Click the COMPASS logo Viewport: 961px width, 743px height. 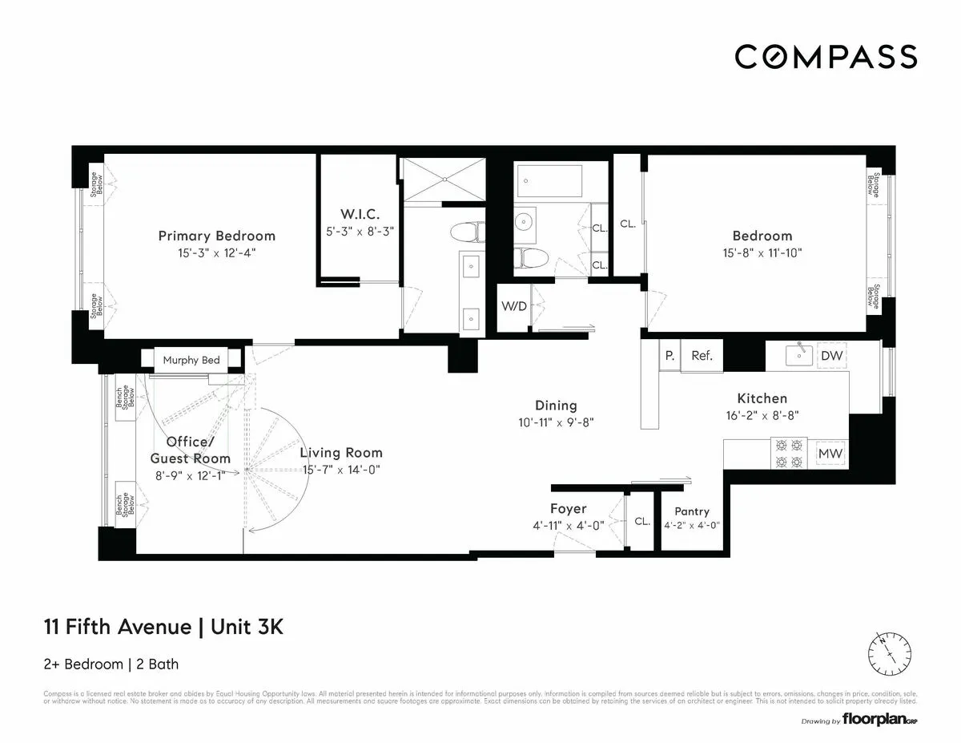(826, 57)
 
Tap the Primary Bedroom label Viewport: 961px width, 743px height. (216, 236)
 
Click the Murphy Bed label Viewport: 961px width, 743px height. (191, 360)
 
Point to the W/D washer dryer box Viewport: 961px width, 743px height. (513, 307)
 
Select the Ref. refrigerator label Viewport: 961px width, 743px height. (702, 356)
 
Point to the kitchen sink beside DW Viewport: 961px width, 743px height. (798, 354)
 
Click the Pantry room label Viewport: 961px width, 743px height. (692, 511)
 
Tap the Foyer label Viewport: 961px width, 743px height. (568, 509)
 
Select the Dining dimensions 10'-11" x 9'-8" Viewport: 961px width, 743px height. (556, 422)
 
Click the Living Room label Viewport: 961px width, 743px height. (341, 453)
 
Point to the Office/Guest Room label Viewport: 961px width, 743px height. (190, 450)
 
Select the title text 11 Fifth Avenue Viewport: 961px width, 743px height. (119, 627)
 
